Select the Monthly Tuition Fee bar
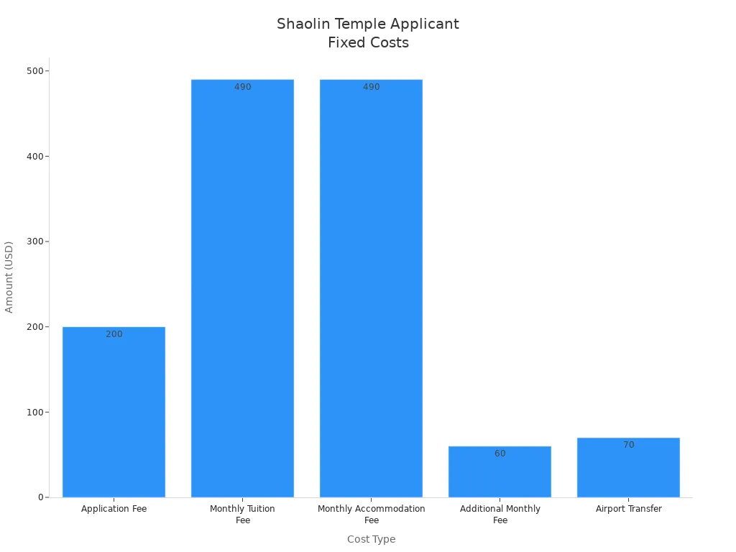click(x=242, y=287)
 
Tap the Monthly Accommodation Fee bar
click(x=371, y=287)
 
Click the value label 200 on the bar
click(x=114, y=334)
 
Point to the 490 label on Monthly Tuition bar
click(x=243, y=87)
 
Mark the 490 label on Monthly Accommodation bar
click(x=372, y=87)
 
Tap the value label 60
click(x=500, y=454)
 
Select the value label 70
click(x=629, y=445)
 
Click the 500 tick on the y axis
click(x=34, y=70)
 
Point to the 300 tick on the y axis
click(x=34, y=241)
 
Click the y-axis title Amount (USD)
click(x=9, y=277)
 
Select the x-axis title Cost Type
click(x=371, y=539)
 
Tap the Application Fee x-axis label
click(x=114, y=509)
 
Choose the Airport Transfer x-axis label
click(x=628, y=509)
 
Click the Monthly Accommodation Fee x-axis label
click(x=371, y=514)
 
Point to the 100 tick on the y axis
click(x=34, y=412)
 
